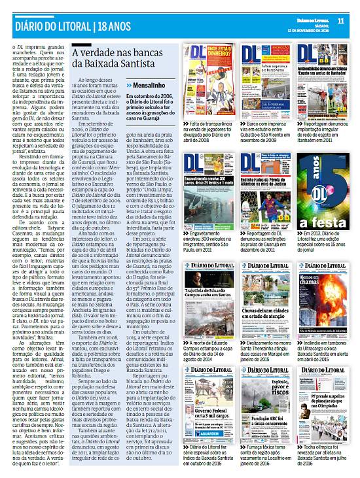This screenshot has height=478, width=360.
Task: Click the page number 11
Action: [x=340, y=20]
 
